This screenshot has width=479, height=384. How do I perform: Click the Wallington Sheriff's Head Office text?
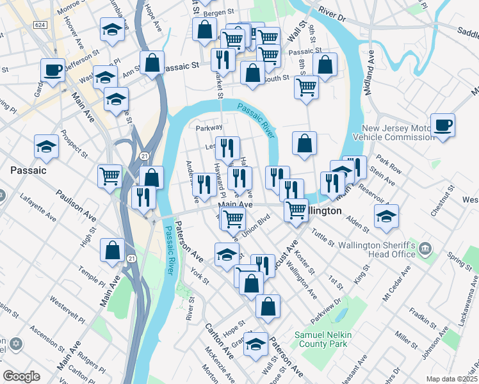pos(387,250)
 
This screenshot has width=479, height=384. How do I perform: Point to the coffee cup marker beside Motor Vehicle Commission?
pos(442,125)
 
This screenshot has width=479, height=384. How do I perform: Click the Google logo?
pos(21,376)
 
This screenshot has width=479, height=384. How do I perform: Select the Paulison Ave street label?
pos(76,206)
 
